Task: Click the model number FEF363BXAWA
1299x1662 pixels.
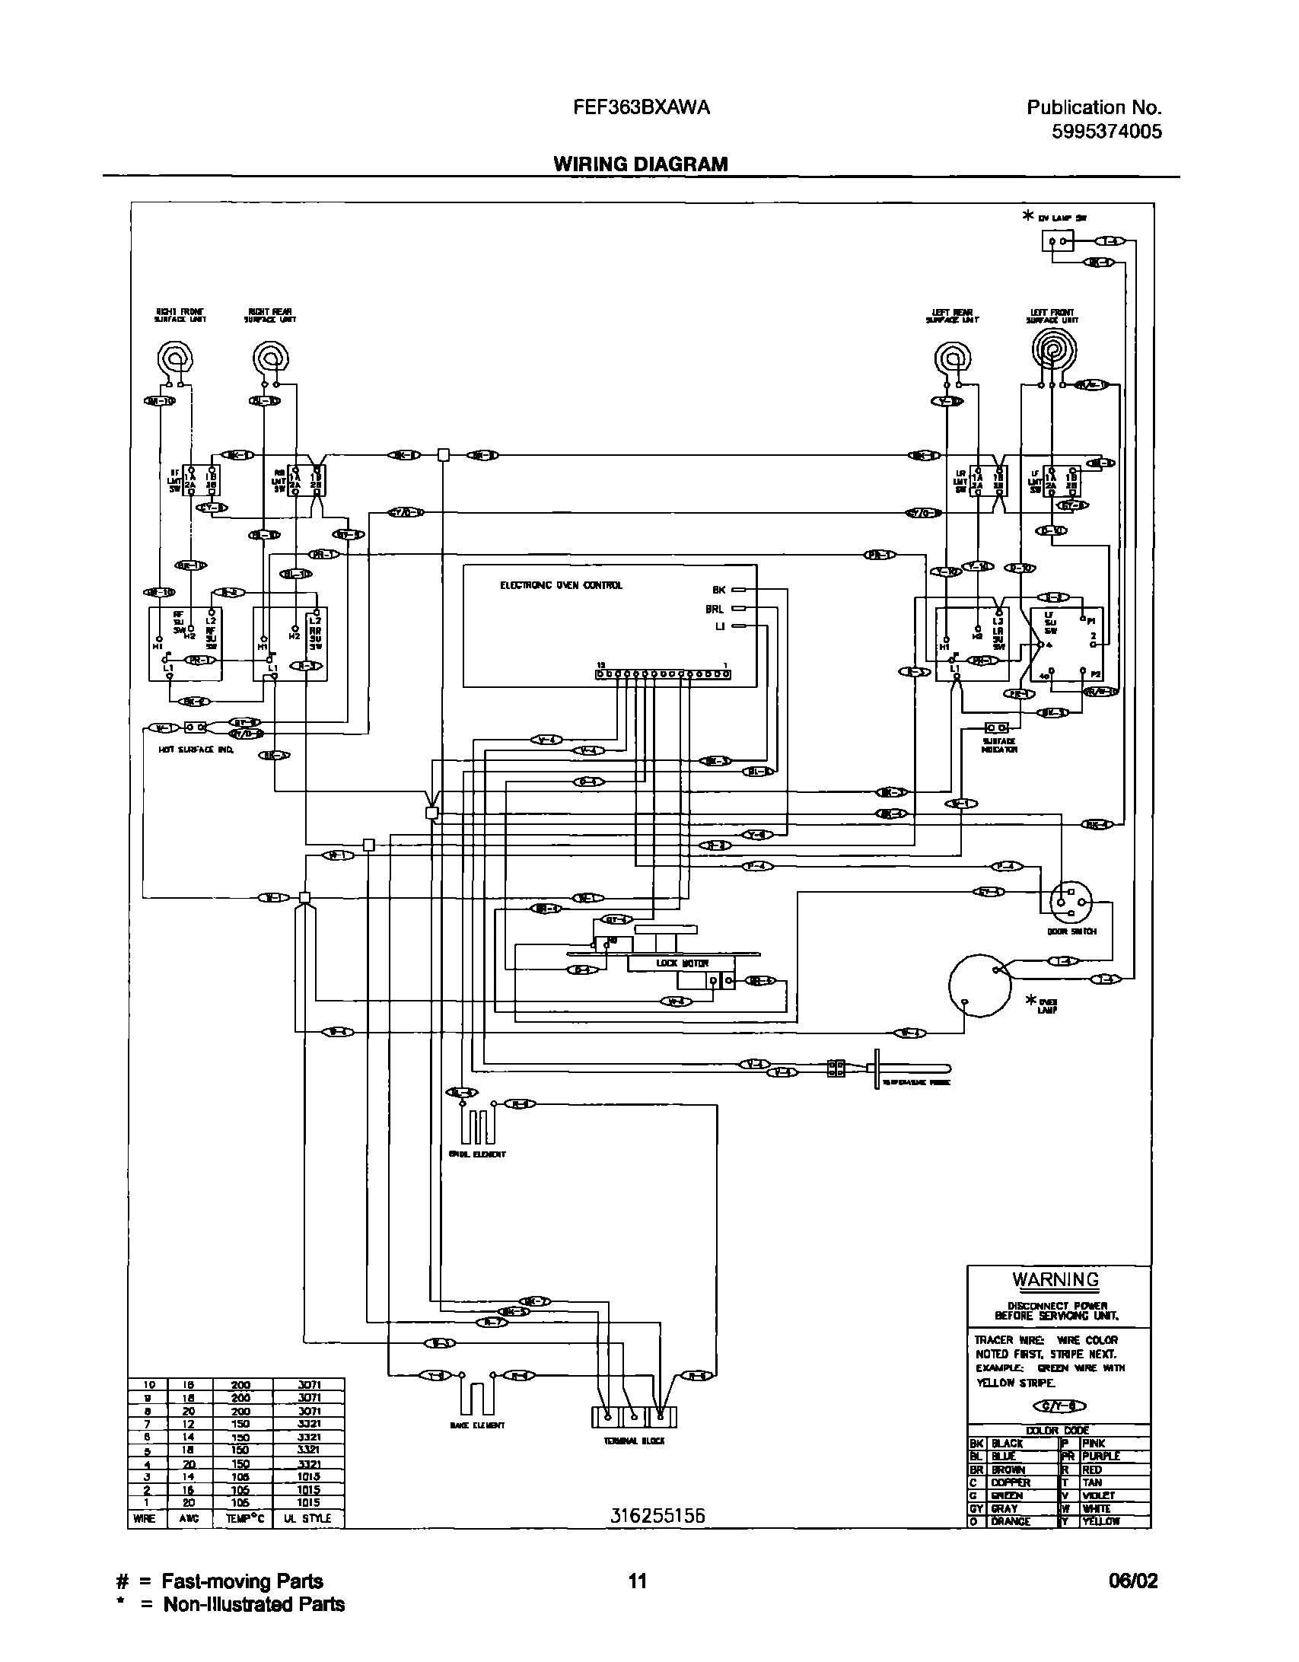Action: [x=641, y=108]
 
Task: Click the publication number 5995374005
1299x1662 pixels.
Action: [x=1106, y=132]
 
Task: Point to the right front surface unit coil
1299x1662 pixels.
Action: [x=174, y=358]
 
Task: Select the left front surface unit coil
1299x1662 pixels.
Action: [x=1053, y=351]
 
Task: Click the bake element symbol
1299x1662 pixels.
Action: [x=476, y=1397]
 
